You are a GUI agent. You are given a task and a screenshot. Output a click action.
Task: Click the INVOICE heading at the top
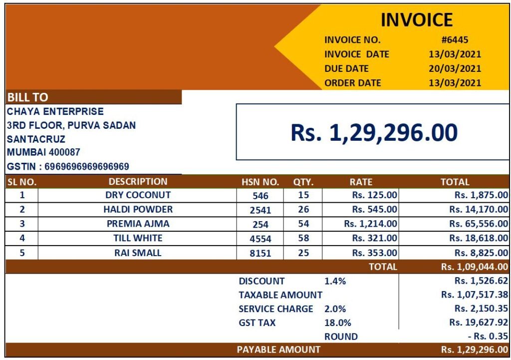[x=417, y=20]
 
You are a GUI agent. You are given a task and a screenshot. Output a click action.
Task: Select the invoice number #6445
[x=455, y=40]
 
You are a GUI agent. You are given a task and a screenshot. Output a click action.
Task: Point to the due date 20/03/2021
[x=455, y=68]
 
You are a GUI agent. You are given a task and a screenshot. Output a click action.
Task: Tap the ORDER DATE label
[x=352, y=83]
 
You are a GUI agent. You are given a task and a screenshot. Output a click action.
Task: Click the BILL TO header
[x=28, y=98]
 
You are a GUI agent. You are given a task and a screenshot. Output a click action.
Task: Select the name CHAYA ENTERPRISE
[x=55, y=111]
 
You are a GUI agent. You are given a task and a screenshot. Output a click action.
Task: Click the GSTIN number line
[x=68, y=166]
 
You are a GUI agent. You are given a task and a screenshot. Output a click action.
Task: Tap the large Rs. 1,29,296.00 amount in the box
[x=374, y=132]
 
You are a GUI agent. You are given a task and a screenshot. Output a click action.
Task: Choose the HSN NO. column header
[x=260, y=182]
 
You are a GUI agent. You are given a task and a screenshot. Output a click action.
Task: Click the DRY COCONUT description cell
[x=138, y=195]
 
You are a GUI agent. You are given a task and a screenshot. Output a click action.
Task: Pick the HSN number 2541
[x=260, y=210]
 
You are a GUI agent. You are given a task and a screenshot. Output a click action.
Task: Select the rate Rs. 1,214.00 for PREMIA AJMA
[x=370, y=224]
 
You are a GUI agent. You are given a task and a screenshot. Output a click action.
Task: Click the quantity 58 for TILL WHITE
[x=303, y=238]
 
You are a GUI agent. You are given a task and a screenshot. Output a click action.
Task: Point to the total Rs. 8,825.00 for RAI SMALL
[x=478, y=253]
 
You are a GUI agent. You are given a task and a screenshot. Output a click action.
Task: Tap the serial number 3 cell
[x=22, y=224]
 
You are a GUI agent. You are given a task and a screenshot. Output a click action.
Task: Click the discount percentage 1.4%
[x=335, y=281]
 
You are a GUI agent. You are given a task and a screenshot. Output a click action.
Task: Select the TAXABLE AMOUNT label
[x=280, y=295]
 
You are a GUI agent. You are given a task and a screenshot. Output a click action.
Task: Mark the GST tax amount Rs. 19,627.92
[x=478, y=323]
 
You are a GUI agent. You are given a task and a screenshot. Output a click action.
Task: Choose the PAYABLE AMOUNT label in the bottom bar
[x=278, y=350]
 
